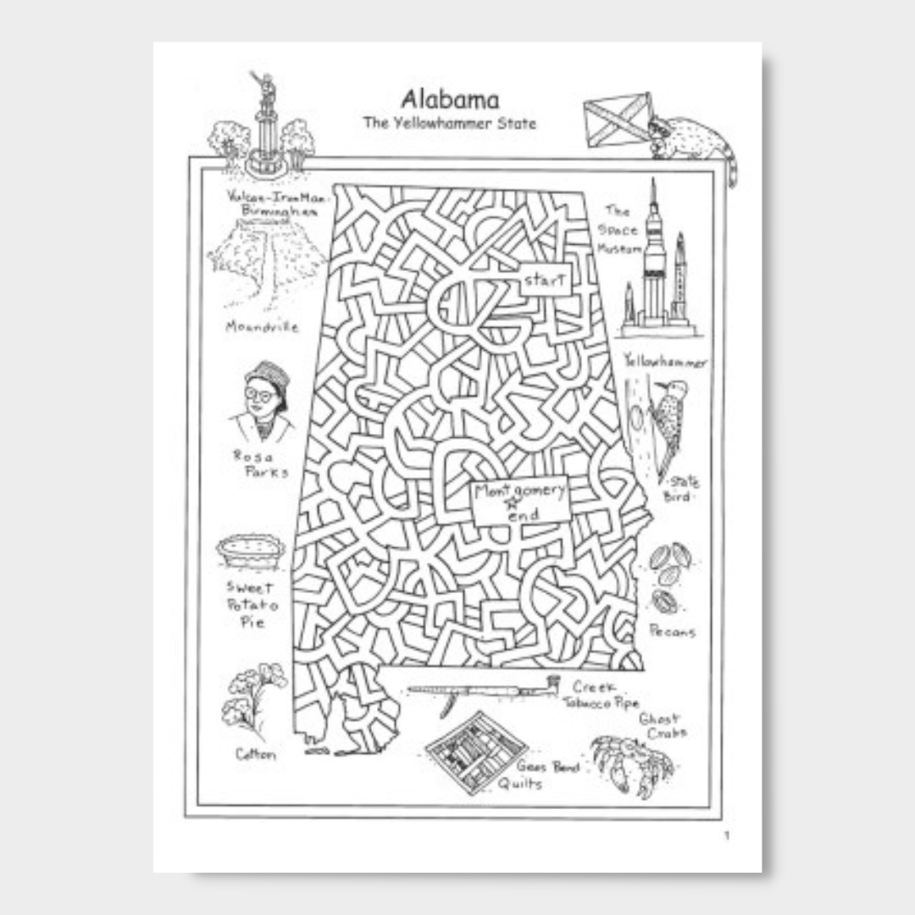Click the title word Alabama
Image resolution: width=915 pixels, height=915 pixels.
point(450,100)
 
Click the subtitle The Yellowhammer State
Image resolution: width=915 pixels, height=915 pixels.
point(450,124)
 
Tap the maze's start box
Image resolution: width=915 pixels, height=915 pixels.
point(545,280)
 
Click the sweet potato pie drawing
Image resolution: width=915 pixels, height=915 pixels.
point(251,552)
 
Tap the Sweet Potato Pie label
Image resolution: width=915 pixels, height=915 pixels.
point(251,604)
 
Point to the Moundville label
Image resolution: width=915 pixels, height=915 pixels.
point(262,326)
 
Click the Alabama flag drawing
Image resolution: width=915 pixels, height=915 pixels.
point(618,120)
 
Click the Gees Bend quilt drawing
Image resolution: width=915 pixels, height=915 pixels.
point(476,752)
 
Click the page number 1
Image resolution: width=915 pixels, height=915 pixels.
point(726,836)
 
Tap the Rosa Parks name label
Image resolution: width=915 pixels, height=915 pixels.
point(261,463)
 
